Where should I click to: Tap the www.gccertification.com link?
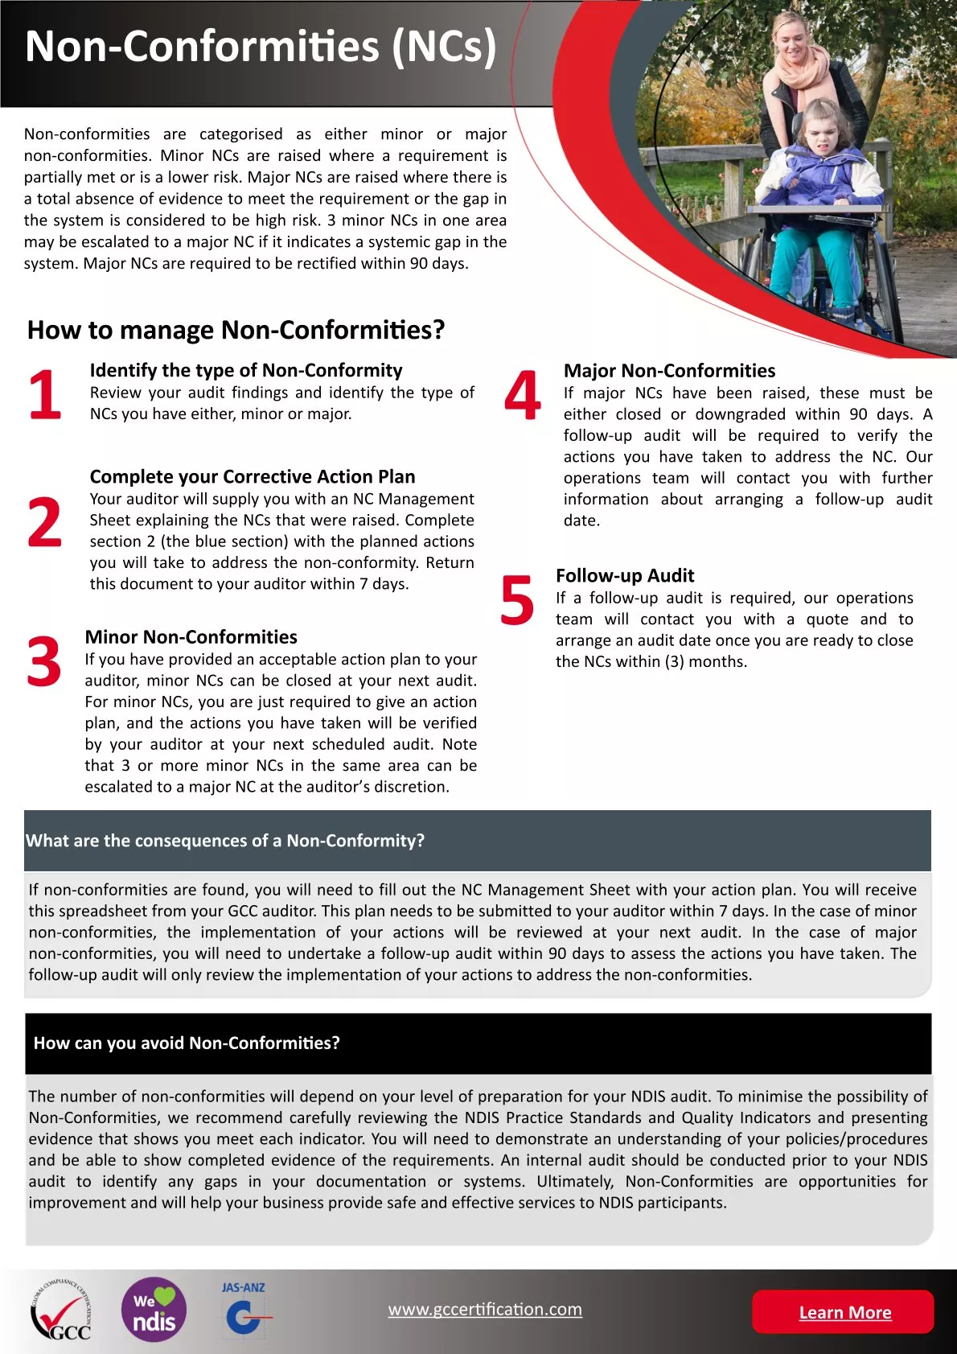(485, 1309)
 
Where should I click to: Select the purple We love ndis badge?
(154, 1310)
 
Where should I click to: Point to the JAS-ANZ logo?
(244, 1310)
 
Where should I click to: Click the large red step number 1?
(44, 395)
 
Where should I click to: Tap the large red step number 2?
(44, 523)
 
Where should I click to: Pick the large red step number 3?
(43, 662)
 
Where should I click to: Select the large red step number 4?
(523, 396)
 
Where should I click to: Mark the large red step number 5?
(517, 600)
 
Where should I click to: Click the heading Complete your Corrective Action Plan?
(253, 476)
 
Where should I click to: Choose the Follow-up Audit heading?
(625, 575)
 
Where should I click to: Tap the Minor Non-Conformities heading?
(191, 636)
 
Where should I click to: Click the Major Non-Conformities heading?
(669, 370)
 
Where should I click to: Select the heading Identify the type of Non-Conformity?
(246, 370)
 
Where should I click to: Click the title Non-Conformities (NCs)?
(261, 47)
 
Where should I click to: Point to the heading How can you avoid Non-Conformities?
(187, 1043)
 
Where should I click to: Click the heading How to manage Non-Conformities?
(236, 330)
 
